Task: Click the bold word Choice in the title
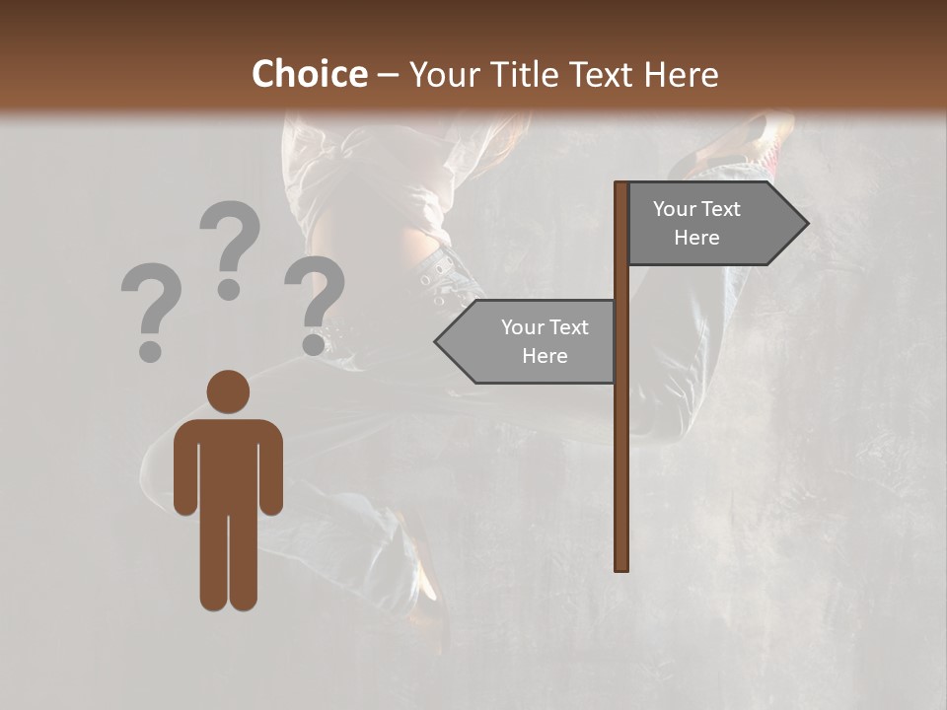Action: click(x=309, y=74)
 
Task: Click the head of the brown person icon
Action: click(x=228, y=392)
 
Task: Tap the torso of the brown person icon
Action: click(x=228, y=463)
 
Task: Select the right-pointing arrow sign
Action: click(x=710, y=224)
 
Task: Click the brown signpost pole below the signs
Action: click(x=621, y=473)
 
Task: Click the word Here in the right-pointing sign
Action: click(x=696, y=238)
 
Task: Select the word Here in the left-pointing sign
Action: click(x=545, y=356)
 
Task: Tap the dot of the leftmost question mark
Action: click(x=150, y=350)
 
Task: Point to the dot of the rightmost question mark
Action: click(x=315, y=344)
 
